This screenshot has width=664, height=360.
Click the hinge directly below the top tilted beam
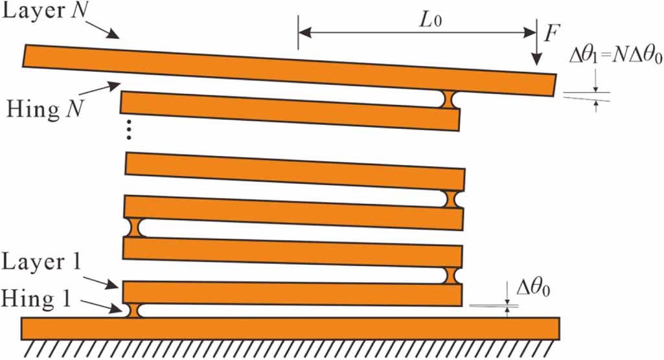[448, 99]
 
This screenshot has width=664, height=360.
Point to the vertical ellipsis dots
[129, 131]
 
